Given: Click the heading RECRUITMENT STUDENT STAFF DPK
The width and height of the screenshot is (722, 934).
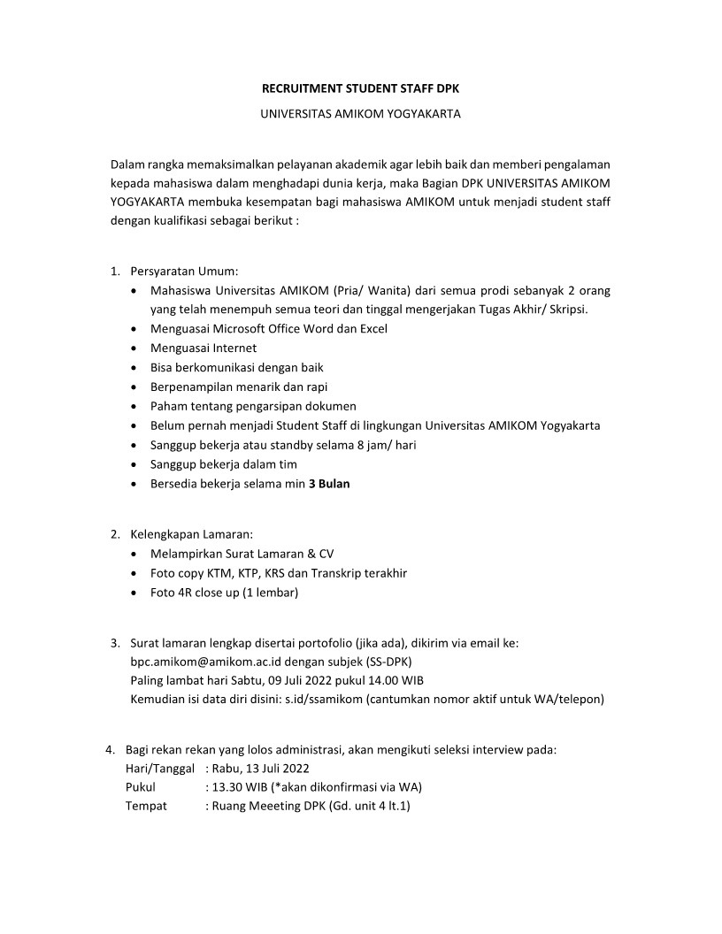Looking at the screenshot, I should pyautogui.click(x=360, y=88).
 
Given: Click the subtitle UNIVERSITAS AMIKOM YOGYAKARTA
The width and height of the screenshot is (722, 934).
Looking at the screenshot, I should pyautogui.click(x=360, y=114).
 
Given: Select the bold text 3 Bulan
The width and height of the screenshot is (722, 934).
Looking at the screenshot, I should pyautogui.click(x=329, y=484).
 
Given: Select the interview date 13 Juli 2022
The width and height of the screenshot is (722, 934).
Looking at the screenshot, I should pyautogui.click(x=278, y=768).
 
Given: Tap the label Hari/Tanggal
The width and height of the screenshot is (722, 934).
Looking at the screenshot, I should pyautogui.click(x=160, y=768).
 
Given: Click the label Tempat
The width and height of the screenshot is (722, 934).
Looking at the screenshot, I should pyautogui.click(x=146, y=806).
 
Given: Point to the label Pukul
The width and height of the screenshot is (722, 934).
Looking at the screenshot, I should pyautogui.click(x=141, y=786).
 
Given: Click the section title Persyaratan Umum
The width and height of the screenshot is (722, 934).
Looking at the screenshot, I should pyautogui.click(x=184, y=271).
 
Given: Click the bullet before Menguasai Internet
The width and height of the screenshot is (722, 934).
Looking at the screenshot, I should pyautogui.click(x=133, y=348).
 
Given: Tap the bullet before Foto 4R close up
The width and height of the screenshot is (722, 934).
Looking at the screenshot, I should pyautogui.click(x=133, y=593).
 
